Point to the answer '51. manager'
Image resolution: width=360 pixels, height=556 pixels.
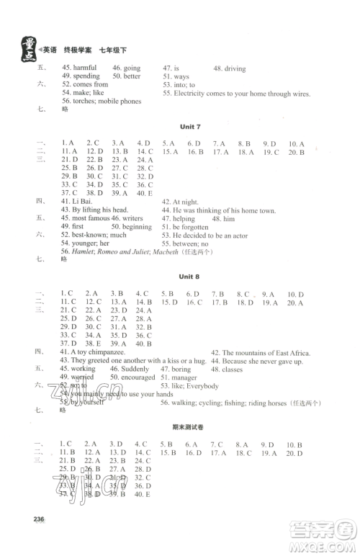point(179,377)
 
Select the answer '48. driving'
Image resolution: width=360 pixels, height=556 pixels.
point(230,68)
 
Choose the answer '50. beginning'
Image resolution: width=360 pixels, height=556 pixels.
point(132,226)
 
